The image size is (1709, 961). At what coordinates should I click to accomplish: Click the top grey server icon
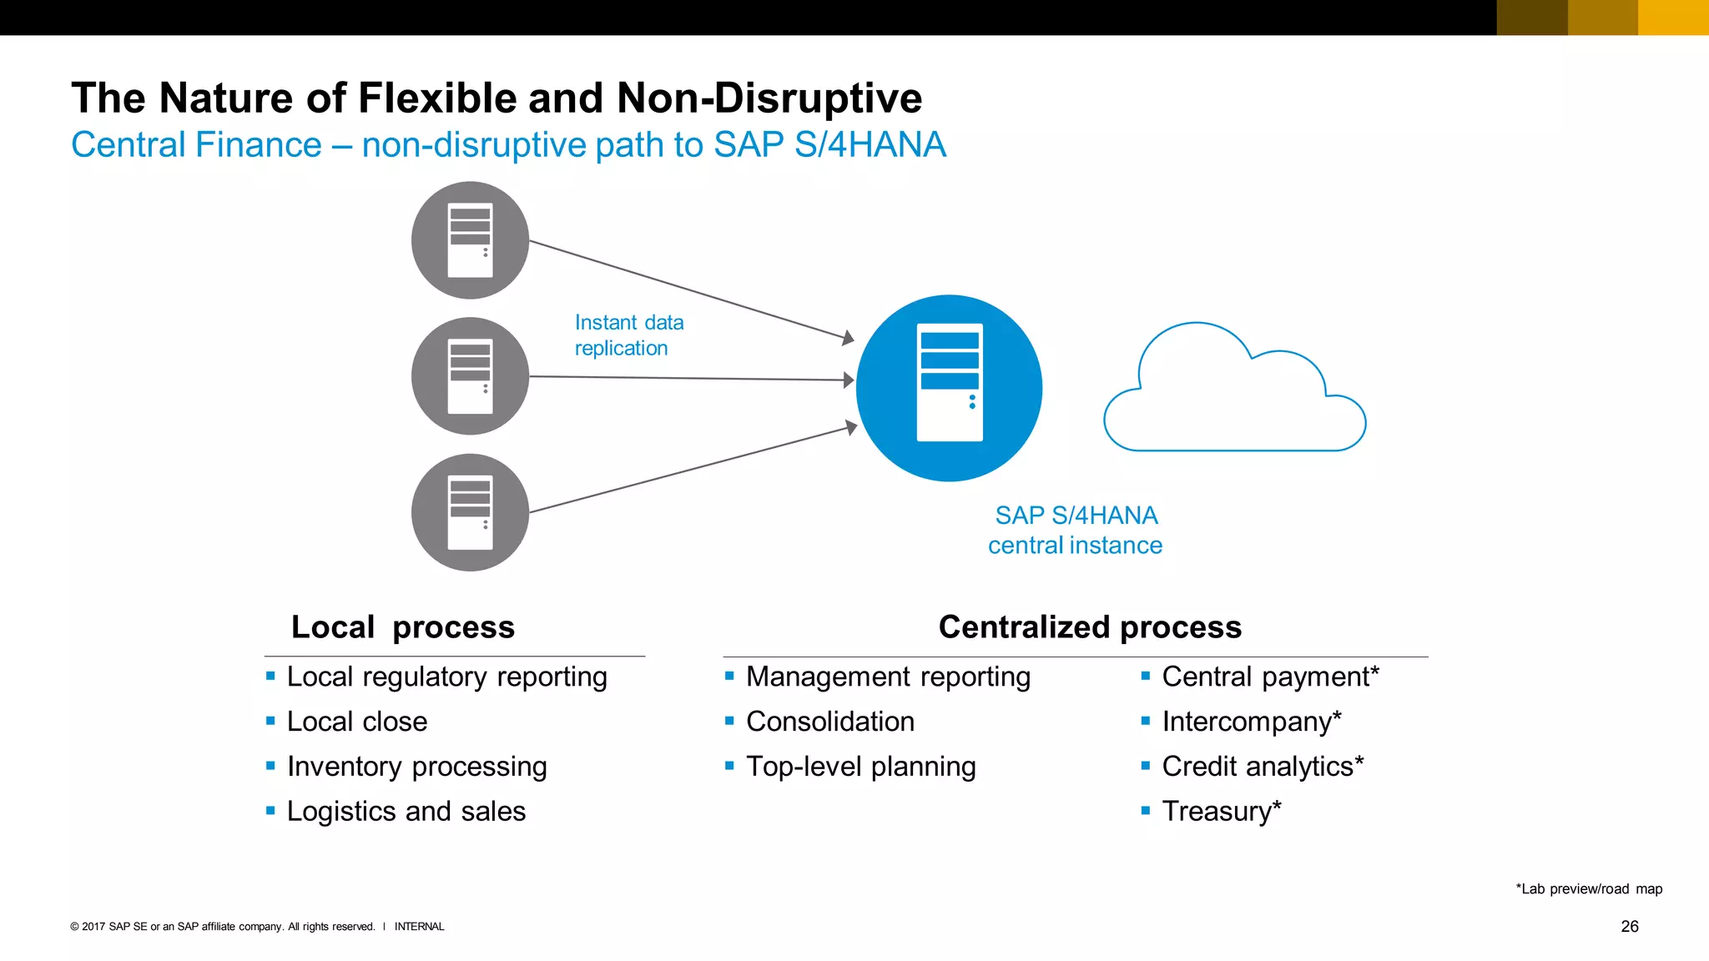pyautogui.click(x=470, y=240)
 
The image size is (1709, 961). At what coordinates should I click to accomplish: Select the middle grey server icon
pyautogui.click(x=470, y=376)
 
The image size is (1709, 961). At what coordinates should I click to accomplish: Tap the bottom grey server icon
pyautogui.click(x=470, y=512)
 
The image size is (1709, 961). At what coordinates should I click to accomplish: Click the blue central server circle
pyautogui.click(x=949, y=388)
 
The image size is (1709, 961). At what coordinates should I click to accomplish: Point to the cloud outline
pyautogui.click(x=1234, y=392)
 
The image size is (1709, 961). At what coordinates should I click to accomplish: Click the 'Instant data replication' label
pyautogui.click(x=628, y=335)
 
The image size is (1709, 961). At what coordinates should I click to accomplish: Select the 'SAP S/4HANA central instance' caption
pyautogui.click(x=1075, y=530)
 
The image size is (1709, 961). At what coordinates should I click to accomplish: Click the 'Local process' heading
pyautogui.click(x=403, y=627)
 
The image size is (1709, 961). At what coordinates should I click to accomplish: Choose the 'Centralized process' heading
pyautogui.click(x=1090, y=627)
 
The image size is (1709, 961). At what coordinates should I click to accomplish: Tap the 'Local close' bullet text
pyautogui.click(x=356, y=722)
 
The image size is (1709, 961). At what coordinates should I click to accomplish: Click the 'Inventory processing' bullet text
pyautogui.click(x=416, y=767)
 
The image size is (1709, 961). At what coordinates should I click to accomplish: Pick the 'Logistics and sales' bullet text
pyautogui.click(x=406, y=812)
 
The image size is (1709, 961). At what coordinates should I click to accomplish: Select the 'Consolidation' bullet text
pyautogui.click(x=829, y=722)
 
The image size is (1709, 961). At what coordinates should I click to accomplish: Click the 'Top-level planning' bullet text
pyautogui.click(x=860, y=767)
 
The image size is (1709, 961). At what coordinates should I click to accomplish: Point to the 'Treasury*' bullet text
pyautogui.click(x=1221, y=812)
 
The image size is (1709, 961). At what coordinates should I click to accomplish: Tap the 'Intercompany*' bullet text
pyautogui.click(x=1251, y=722)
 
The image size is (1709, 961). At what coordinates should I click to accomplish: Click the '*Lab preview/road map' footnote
pyautogui.click(x=1588, y=889)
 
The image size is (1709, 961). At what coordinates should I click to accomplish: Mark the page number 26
pyautogui.click(x=1629, y=927)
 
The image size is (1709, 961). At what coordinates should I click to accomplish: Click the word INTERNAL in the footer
pyautogui.click(x=419, y=927)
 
